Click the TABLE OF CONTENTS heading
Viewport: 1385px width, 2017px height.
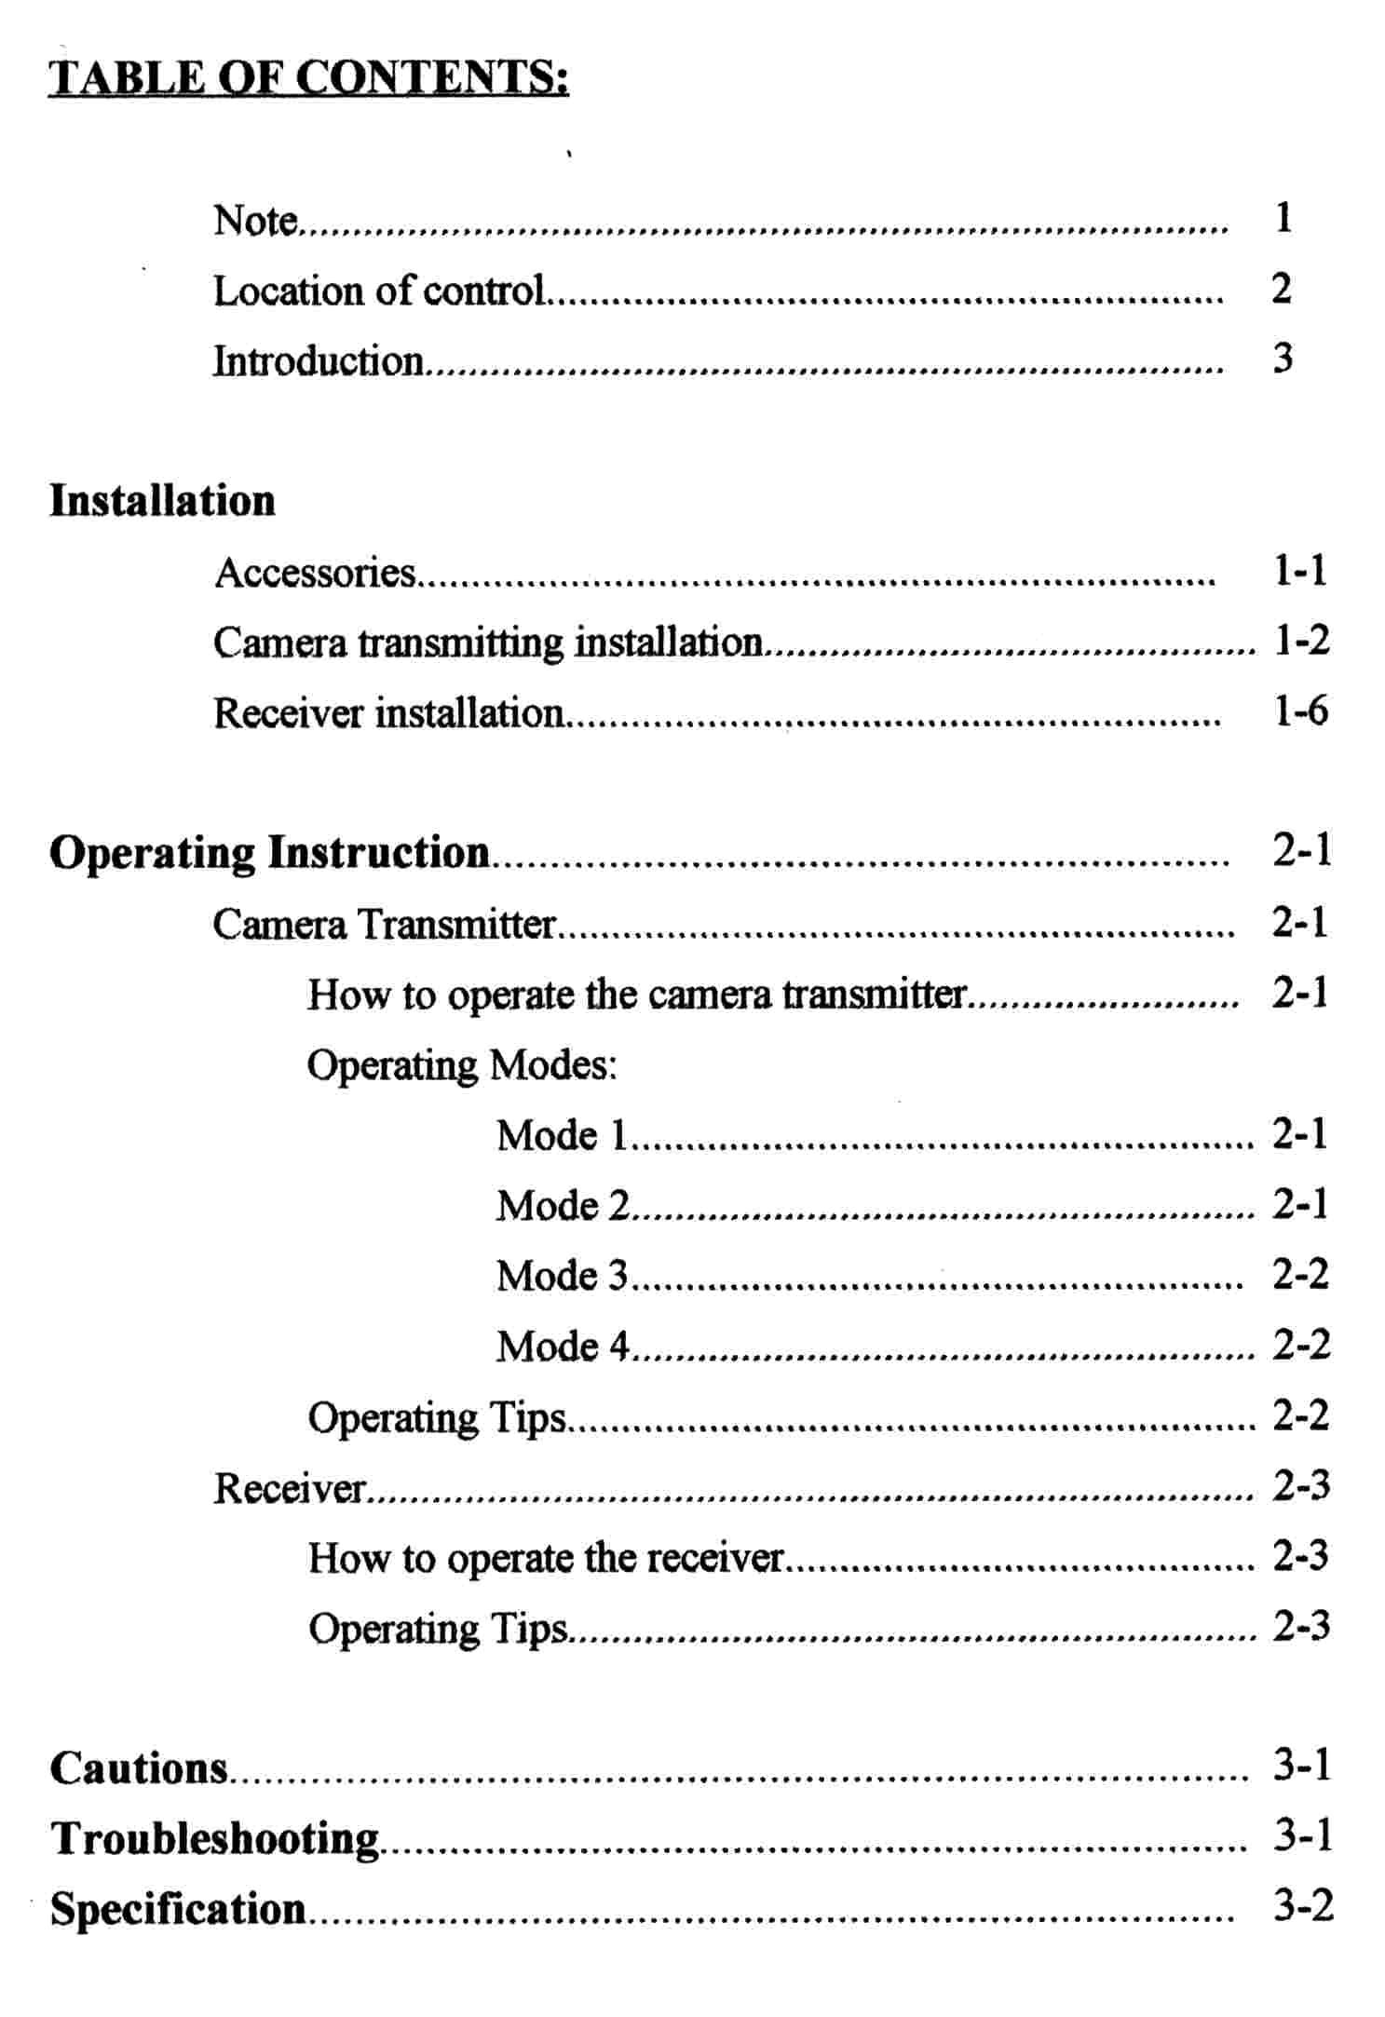(308, 77)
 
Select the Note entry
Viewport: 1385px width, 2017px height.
(255, 221)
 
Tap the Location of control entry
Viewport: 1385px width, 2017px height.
(379, 291)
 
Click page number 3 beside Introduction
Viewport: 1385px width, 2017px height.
(1283, 359)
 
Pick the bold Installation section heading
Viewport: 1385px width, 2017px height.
(162, 500)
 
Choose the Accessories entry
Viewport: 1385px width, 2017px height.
(315, 572)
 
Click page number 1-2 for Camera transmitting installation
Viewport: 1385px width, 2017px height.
(1301, 641)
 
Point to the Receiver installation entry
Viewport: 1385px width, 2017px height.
(388, 713)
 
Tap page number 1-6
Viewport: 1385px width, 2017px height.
(1300, 711)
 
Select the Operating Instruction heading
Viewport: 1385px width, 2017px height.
(269, 852)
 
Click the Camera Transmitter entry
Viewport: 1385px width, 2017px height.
(384, 924)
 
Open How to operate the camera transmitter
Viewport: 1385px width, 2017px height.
(637, 995)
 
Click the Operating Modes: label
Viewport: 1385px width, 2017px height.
(462, 1064)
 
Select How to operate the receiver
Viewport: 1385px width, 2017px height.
(546, 1557)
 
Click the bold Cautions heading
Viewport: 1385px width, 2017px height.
(139, 1767)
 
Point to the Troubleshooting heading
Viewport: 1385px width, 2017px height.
(215, 1838)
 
